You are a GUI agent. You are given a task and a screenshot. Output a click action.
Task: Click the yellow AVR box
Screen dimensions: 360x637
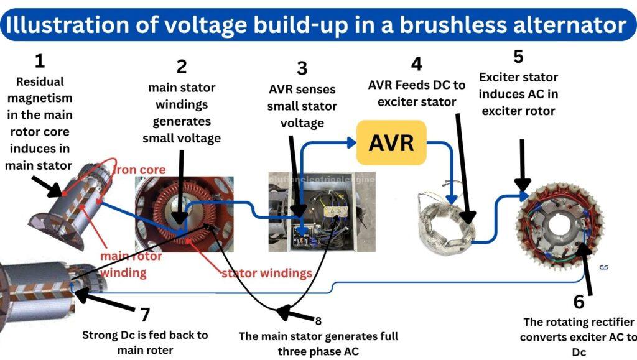[x=391, y=142]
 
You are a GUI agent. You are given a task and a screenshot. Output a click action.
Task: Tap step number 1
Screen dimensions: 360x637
[x=40, y=61]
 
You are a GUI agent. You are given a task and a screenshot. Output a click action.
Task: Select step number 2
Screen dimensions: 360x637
[x=181, y=67]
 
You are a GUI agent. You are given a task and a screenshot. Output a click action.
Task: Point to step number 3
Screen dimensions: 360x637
[x=302, y=68]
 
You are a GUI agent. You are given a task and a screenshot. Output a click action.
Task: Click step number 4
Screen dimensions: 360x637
[x=416, y=63]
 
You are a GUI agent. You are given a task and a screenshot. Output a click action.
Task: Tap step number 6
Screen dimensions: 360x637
[x=579, y=302]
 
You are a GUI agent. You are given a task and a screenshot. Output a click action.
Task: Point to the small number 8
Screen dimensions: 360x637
[x=318, y=321]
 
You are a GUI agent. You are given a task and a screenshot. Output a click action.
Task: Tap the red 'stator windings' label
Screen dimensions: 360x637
[x=267, y=273]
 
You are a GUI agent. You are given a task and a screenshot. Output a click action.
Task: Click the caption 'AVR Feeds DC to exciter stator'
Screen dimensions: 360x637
[x=417, y=93]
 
